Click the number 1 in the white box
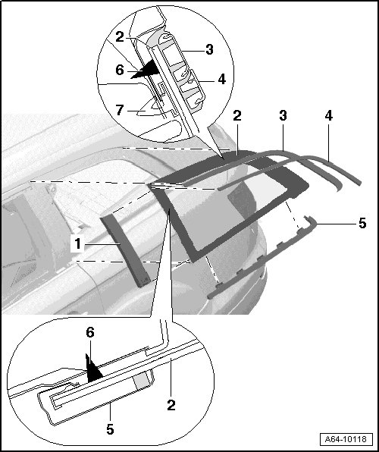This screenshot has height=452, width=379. click(78, 244)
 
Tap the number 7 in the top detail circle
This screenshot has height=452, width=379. click(120, 110)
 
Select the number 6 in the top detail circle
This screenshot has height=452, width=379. click(120, 70)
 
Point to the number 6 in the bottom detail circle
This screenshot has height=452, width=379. click(90, 333)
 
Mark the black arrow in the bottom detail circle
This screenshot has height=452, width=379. click(92, 369)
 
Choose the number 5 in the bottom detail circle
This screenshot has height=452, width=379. click(110, 429)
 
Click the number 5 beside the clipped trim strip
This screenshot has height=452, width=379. click(362, 224)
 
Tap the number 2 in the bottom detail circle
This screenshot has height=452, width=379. click(171, 405)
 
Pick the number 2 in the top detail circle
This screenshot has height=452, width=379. click(120, 37)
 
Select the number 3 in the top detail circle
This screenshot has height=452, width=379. click(209, 49)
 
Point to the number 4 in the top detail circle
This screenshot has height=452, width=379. click(221, 79)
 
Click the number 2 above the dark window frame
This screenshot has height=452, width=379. click(237, 116)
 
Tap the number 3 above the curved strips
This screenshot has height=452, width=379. click(283, 115)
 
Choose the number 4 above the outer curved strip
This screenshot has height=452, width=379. click(328, 115)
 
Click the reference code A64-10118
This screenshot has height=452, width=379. click(346, 439)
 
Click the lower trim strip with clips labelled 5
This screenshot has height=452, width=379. click(259, 259)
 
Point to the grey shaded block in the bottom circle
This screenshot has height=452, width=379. click(142, 379)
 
